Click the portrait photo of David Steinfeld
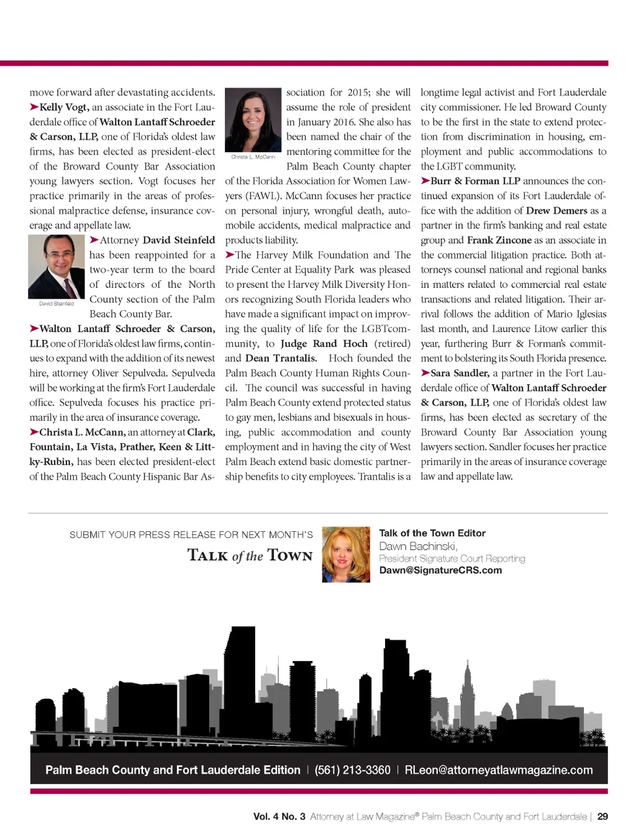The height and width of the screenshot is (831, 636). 57,266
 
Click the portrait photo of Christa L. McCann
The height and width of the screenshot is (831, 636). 253,120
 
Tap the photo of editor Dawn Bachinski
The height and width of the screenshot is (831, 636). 346,554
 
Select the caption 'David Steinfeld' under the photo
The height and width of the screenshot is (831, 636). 57,303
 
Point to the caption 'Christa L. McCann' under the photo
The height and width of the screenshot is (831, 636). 253,157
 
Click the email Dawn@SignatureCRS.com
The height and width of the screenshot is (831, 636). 440,570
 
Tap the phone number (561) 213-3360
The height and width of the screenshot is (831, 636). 352,770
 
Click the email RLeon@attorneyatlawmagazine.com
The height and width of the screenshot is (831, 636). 498,770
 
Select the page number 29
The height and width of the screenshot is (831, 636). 602,817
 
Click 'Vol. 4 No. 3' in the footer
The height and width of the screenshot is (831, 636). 279,817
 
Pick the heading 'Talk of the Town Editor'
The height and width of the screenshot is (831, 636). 432,533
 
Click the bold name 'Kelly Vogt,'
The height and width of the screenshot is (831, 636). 65,107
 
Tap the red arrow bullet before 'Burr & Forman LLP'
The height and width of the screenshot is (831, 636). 425,181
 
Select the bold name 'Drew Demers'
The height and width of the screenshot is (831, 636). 556,210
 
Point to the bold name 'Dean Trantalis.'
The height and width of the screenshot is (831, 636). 281,358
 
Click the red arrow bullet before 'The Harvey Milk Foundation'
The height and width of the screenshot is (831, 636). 230,254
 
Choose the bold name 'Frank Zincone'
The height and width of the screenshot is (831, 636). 499,240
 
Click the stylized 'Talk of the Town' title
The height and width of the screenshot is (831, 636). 250,555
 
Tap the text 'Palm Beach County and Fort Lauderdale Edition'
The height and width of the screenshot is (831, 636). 173,770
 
